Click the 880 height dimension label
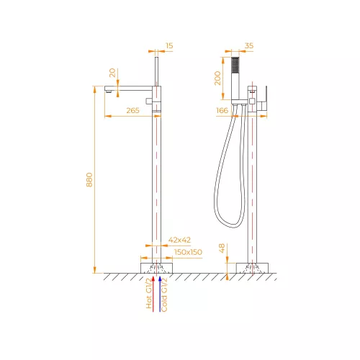tap(89, 180)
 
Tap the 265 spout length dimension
tap(132, 110)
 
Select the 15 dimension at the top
tap(169, 45)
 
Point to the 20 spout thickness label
tap(112, 73)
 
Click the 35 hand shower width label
tap(249, 45)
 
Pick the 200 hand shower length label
tap(217, 78)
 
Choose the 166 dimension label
tap(222, 110)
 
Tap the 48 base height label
tap(222, 248)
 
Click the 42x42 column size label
tap(179, 240)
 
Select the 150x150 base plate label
tap(188, 252)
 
